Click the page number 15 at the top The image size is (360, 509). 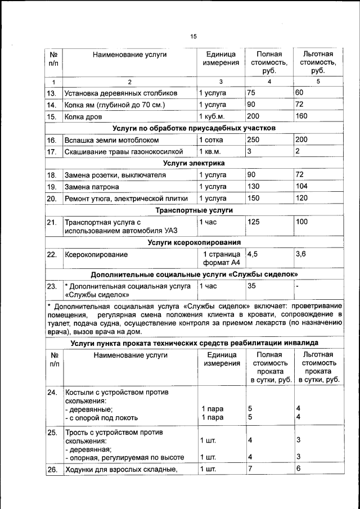[x=193, y=37]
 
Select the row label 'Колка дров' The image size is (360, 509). [x=84, y=116]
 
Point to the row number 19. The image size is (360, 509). [x=52, y=187]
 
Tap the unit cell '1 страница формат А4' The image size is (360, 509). [x=221, y=259]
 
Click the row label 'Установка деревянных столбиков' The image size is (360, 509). [x=120, y=92]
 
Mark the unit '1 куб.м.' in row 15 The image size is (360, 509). [x=214, y=116]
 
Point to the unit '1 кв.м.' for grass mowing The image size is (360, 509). [x=212, y=152]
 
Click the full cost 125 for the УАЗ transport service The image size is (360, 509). [x=255, y=222]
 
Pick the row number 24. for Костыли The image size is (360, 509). [x=52, y=392]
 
